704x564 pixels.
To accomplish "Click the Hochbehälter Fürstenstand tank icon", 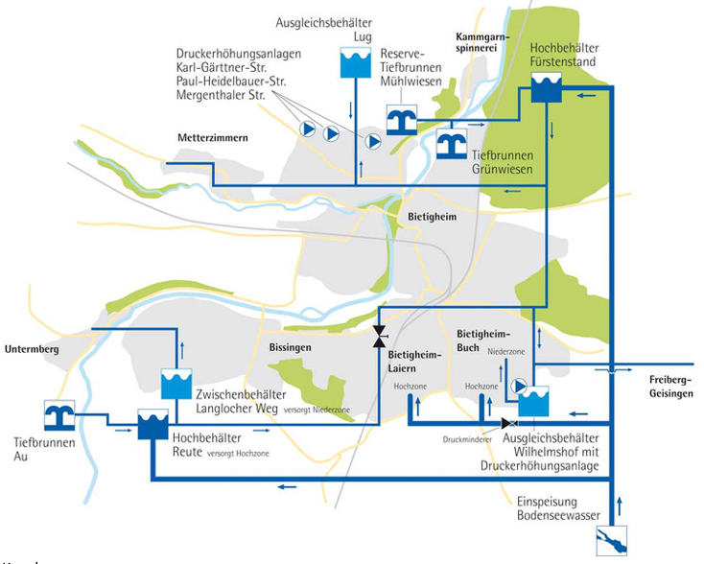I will tap(547, 91).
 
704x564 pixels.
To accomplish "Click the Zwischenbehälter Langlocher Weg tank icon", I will tap(177, 384).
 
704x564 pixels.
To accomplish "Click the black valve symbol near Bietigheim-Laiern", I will tap(380, 337).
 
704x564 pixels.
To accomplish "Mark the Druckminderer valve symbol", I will tap(509, 423).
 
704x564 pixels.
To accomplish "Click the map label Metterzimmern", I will tap(213, 138).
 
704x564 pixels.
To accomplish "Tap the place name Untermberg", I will tap(31, 350).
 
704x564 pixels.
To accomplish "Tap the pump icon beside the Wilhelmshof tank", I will tap(519, 387).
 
